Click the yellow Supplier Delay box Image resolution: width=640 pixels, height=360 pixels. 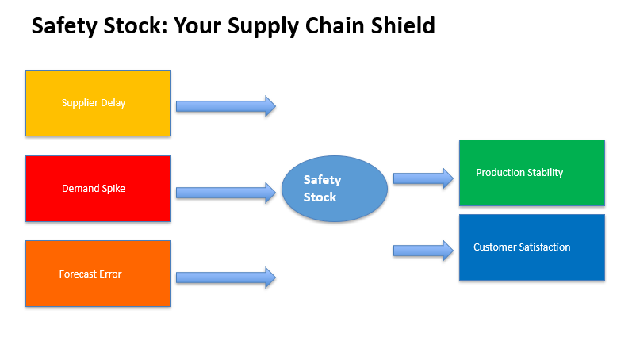click(x=98, y=103)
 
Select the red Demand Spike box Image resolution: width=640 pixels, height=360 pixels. click(x=98, y=189)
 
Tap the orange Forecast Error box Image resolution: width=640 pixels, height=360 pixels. click(x=98, y=274)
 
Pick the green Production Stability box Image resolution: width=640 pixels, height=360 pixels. click(x=532, y=173)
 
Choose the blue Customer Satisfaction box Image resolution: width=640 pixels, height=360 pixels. click(x=532, y=247)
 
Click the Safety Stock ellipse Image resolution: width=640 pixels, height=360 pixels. click(x=335, y=189)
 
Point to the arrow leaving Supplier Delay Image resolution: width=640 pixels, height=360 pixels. click(x=226, y=106)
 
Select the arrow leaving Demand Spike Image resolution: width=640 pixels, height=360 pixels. click(x=226, y=193)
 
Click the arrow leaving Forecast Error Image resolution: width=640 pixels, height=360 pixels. click(x=226, y=278)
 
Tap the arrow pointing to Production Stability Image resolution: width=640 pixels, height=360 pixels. click(x=423, y=178)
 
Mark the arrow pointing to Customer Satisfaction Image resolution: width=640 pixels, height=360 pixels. click(x=423, y=251)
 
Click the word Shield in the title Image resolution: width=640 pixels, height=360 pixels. click(x=403, y=25)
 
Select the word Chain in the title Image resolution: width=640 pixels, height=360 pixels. click(x=335, y=25)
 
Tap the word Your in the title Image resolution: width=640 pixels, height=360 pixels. click(x=197, y=25)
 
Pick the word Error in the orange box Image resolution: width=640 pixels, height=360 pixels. click(x=110, y=274)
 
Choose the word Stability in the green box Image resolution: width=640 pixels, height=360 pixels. click(x=545, y=173)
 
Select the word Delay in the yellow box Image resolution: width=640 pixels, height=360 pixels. click(x=113, y=103)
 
